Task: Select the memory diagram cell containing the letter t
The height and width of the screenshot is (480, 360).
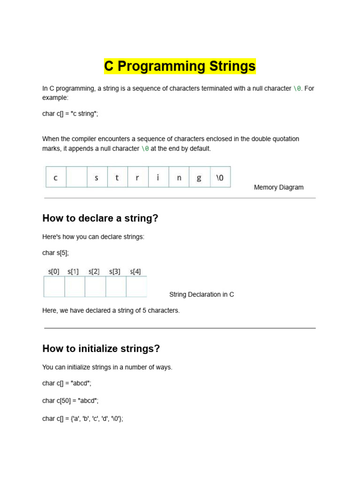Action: click(117, 178)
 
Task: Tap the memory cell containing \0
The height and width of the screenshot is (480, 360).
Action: click(220, 178)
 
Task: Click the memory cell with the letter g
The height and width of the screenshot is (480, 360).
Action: click(199, 178)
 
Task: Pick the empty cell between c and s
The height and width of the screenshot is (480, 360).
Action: click(76, 178)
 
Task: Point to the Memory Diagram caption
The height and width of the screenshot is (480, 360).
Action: click(278, 187)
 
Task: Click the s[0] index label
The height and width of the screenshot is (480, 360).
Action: click(54, 271)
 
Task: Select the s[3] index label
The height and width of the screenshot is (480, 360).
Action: click(115, 271)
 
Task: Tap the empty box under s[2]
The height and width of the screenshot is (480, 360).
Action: click(95, 286)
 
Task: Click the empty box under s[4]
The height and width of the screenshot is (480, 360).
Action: click(136, 286)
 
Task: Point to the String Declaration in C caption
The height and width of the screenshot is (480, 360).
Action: click(202, 294)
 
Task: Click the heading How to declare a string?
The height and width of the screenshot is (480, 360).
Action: click(100, 218)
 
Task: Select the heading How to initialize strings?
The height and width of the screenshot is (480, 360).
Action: click(101, 349)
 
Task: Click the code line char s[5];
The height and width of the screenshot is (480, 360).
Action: click(55, 253)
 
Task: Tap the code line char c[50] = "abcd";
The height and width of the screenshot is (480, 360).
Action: click(70, 401)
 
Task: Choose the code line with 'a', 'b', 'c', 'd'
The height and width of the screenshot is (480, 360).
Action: click(82, 419)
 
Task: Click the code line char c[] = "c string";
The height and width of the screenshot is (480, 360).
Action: click(70, 114)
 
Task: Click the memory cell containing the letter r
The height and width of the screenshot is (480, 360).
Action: click(137, 178)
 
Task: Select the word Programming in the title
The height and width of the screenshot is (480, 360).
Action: click(163, 67)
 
